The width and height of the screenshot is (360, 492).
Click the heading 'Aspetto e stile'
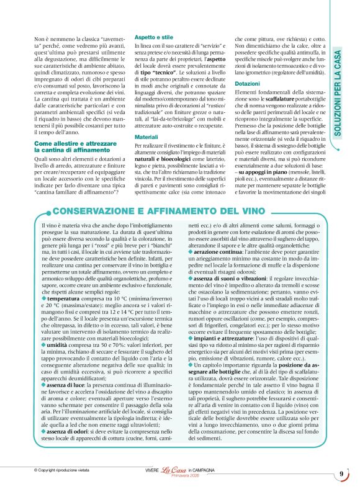tap(155, 37)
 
